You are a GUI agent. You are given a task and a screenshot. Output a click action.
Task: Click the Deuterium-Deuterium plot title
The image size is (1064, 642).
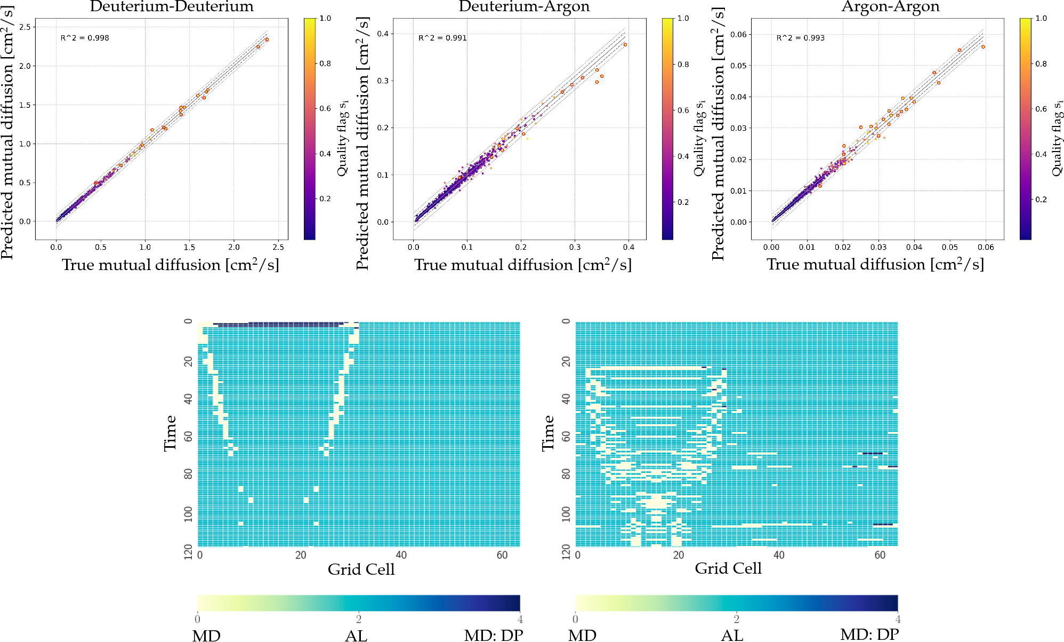tap(172, 7)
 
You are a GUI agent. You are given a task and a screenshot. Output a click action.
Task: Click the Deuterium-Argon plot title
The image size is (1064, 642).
tap(524, 7)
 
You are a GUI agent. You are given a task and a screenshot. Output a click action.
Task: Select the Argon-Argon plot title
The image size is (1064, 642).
tap(890, 7)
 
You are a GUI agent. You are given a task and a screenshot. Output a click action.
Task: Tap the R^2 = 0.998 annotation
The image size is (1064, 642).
tap(85, 38)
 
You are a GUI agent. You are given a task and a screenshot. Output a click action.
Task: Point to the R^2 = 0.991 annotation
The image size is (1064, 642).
tap(442, 38)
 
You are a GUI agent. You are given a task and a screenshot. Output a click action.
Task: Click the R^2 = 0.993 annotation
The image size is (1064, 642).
tap(800, 38)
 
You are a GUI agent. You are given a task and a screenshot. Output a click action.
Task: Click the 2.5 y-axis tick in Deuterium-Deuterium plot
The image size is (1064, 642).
tap(26, 27)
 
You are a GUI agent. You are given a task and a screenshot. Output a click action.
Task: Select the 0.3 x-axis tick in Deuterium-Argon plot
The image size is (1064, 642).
tap(575, 247)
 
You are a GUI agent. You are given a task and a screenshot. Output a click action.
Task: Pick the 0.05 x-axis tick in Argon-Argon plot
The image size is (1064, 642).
tap(950, 247)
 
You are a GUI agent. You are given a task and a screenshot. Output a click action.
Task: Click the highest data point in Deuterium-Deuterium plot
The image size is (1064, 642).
tap(267, 39)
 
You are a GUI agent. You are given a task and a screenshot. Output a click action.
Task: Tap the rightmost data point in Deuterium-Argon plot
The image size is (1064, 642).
tap(625, 45)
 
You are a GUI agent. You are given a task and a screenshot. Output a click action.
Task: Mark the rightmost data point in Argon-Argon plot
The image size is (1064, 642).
tap(983, 47)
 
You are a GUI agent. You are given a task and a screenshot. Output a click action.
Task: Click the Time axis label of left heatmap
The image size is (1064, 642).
tap(170, 433)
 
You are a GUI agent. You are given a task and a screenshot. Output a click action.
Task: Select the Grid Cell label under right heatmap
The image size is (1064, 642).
tap(728, 569)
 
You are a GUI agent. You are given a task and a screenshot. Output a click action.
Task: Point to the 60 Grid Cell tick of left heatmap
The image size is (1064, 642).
tap(502, 555)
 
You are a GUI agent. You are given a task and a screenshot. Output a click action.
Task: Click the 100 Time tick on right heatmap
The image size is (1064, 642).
tap(566, 514)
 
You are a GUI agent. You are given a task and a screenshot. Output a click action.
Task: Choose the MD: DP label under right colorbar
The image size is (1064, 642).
tap(869, 635)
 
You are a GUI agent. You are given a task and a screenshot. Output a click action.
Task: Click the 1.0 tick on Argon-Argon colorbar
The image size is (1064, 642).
tap(1041, 18)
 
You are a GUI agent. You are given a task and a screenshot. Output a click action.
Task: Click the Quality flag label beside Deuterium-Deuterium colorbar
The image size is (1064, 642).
tap(343, 138)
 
